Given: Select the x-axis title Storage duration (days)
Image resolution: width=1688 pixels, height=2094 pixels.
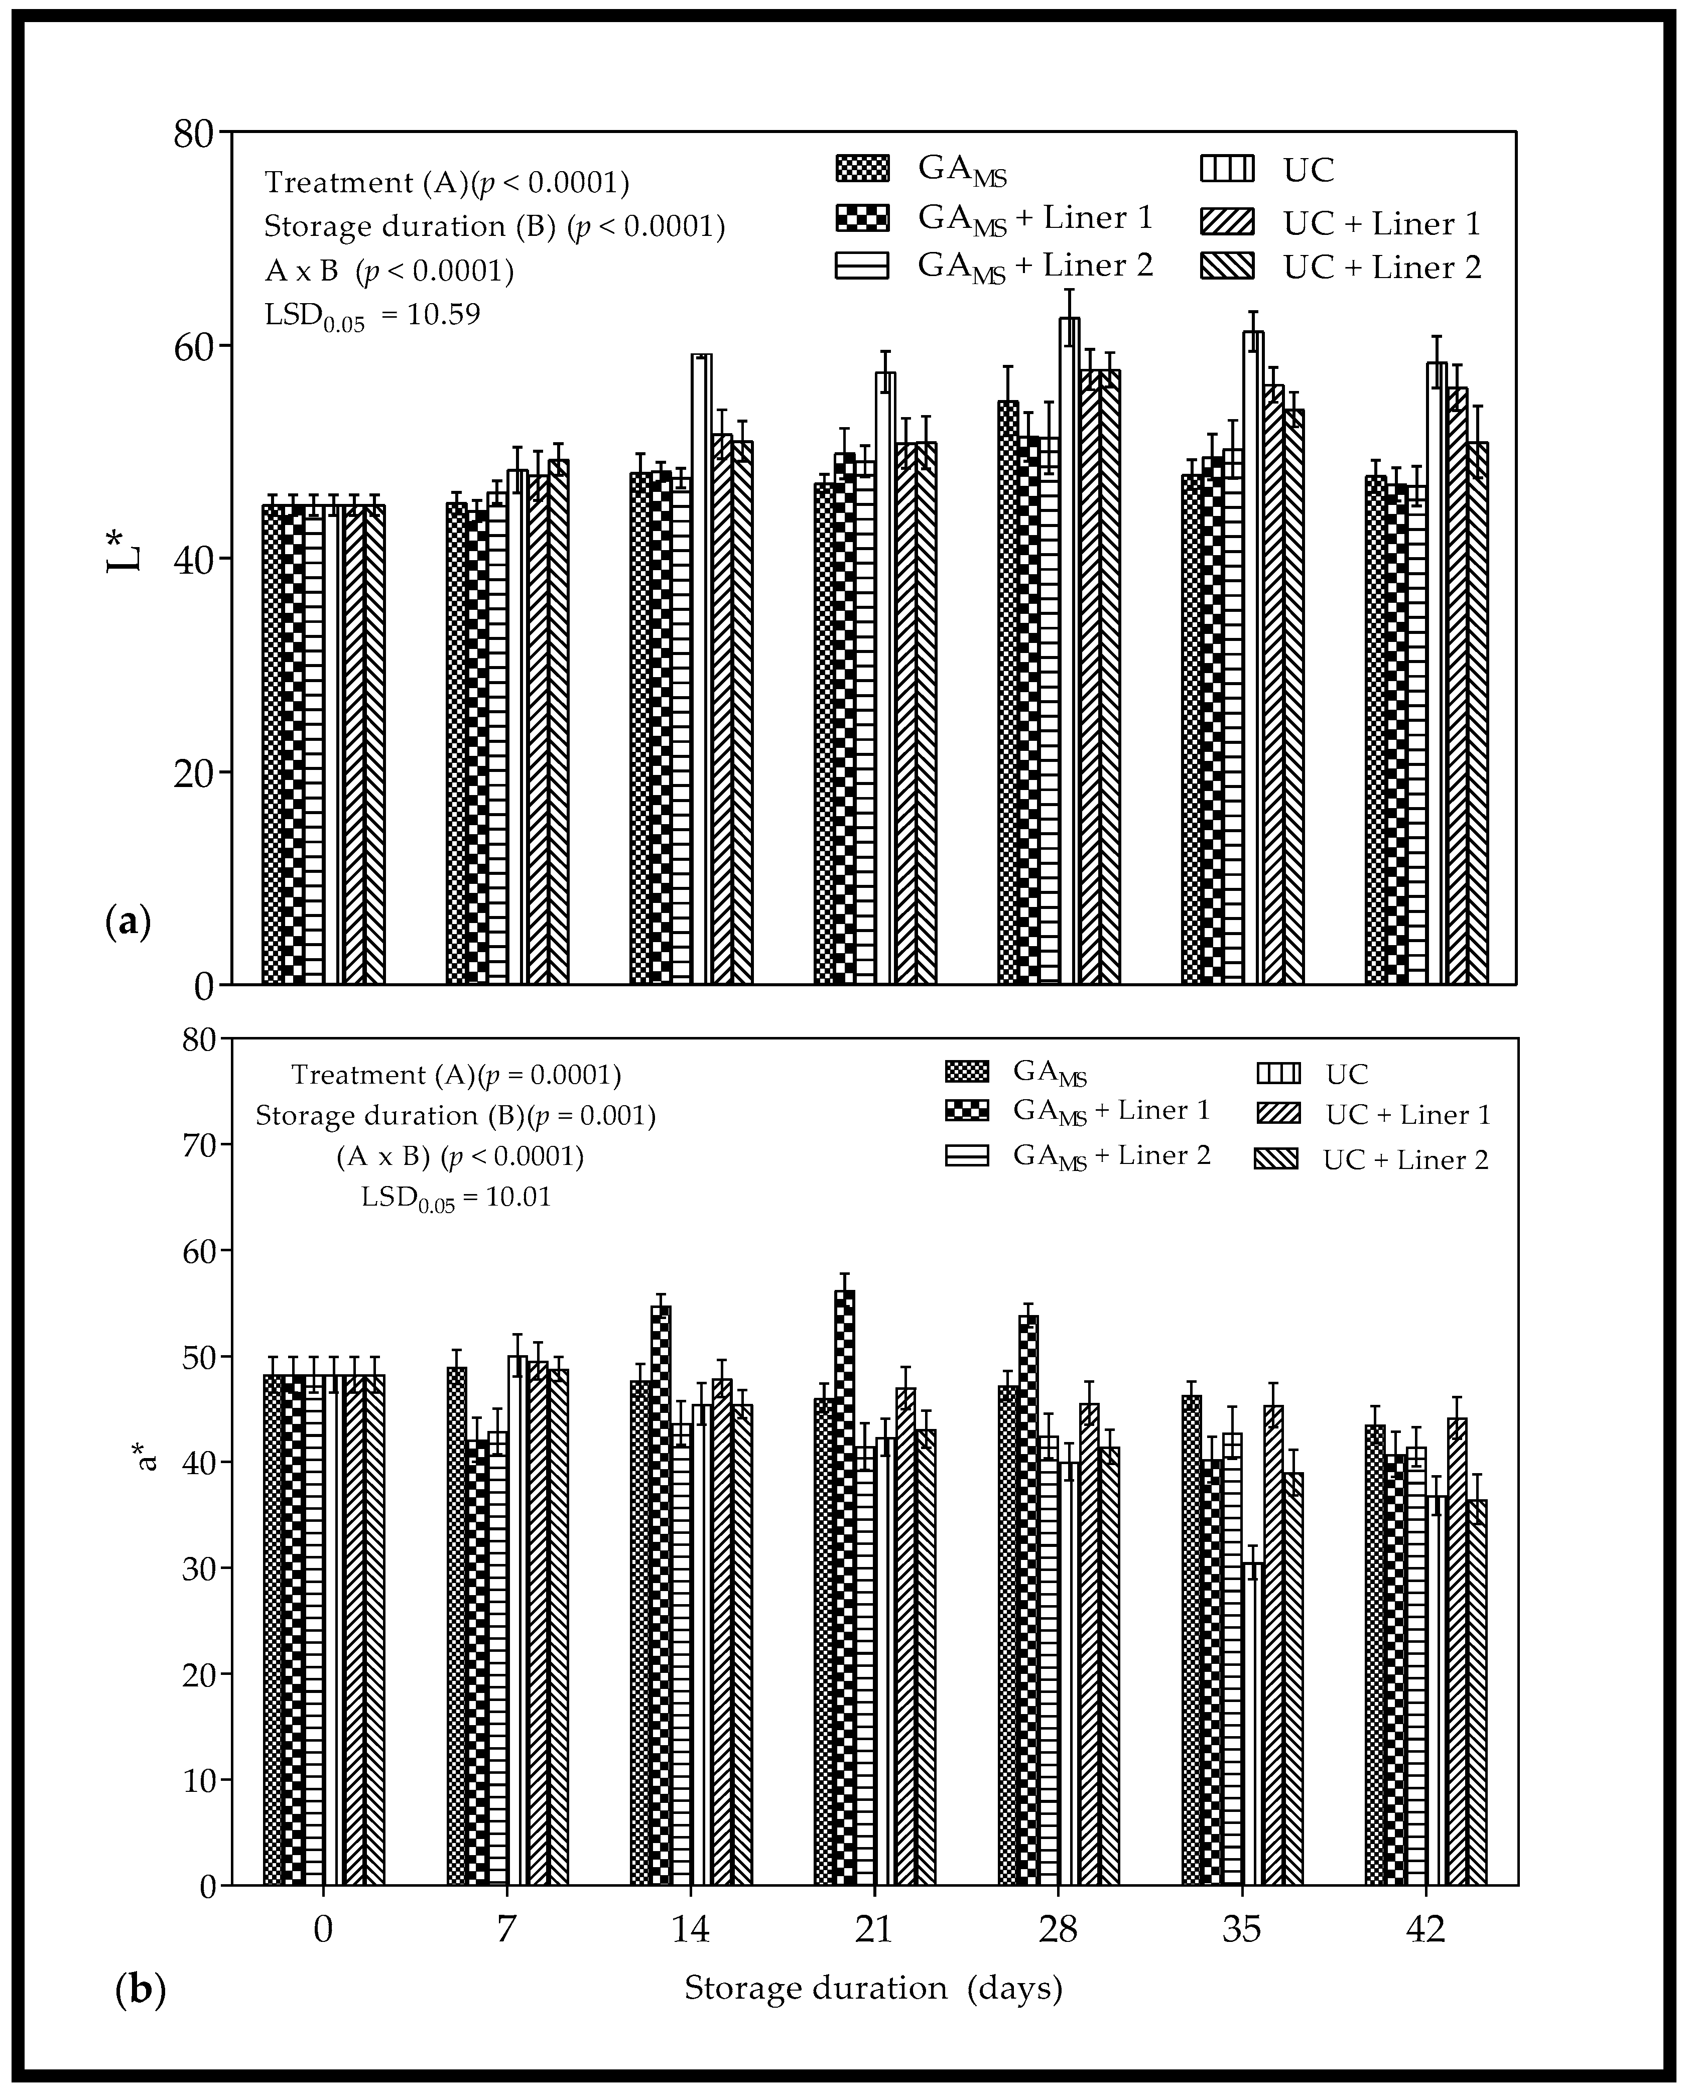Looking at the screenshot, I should pyautogui.click(x=873, y=1988).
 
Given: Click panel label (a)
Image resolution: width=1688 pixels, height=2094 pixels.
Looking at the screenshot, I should pyautogui.click(x=127, y=922).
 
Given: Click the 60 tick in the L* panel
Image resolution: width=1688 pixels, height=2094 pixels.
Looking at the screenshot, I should pyautogui.click(x=194, y=345).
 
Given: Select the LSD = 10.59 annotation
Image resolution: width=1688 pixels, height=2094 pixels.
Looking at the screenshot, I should pyautogui.click(x=372, y=315).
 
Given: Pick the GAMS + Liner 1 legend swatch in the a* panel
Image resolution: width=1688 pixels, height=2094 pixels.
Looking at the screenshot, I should pyautogui.click(x=967, y=1110).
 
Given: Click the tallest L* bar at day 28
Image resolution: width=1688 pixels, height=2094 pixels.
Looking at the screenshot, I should pyautogui.click(x=1069, y=651).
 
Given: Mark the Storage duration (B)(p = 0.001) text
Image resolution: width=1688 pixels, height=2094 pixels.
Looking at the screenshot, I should pyautogui.click(x=455, y=1116).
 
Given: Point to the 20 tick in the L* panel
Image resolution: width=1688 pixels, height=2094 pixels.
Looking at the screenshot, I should pyautogui.click(x=194, y=772).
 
